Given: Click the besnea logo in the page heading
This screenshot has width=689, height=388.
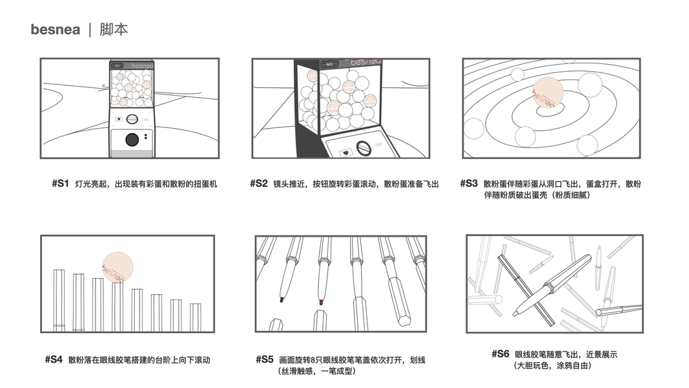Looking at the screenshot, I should point(55,30).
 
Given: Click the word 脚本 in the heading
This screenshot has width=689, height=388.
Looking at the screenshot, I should point(114,30).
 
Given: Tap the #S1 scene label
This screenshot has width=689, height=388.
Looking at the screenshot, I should point(60,184).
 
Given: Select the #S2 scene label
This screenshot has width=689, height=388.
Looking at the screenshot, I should point(258,184).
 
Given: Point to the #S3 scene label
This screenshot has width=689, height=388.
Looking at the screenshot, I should point(469,184).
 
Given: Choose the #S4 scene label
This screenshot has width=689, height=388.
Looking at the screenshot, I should point(54,360).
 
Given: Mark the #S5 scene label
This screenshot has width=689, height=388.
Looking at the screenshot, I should point(265,360).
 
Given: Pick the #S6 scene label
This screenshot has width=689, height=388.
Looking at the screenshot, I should point(500,354).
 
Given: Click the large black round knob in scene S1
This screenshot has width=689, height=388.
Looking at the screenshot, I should point(132,139).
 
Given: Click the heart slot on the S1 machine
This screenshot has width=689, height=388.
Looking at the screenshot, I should point(119,119).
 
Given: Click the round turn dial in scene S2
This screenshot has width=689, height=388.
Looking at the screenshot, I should point(364,149).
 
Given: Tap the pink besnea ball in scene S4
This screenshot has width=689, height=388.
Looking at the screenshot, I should point(118,267).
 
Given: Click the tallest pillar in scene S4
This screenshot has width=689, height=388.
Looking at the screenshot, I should point(59,300).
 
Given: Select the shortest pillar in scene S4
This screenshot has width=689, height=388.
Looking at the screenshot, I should point(196,317).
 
